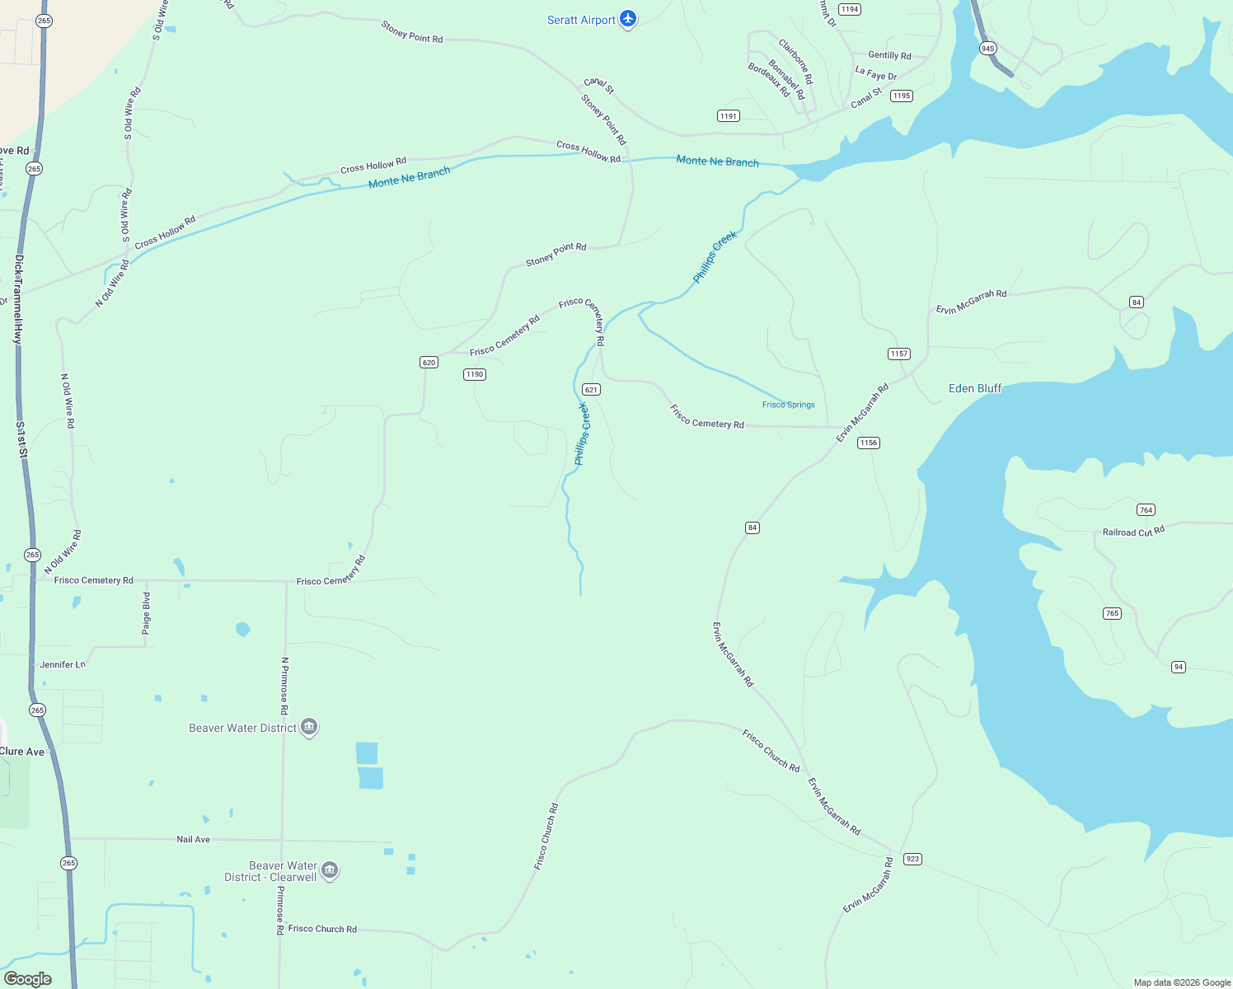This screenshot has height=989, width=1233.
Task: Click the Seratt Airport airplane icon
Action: [628, 19]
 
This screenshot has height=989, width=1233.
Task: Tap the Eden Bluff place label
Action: [975, 388]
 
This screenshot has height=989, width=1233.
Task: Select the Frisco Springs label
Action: [788, 405]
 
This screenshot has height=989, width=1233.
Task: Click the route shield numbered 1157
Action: [898, 354]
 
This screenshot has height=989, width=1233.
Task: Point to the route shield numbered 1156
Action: [868, 443]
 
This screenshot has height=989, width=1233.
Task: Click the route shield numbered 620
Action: [429, 363]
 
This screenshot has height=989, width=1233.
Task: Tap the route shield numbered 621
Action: [591, 390]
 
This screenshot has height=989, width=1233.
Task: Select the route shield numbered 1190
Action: [475, 374]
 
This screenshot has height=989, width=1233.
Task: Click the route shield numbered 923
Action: [912, 859]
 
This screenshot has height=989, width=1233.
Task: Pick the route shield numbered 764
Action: [1146, 510]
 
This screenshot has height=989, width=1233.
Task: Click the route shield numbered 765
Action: [1112, 613]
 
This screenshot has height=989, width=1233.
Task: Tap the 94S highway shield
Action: [987, 49]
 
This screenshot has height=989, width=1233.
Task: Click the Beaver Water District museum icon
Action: [309, 727]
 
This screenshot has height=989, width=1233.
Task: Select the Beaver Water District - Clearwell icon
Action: [330, 870]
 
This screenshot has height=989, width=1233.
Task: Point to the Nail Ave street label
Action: [194, 839]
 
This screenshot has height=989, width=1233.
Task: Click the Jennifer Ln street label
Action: [63, 664]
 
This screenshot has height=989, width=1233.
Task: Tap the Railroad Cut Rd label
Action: [1133, 532]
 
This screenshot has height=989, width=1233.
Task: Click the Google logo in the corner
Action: [28, 979]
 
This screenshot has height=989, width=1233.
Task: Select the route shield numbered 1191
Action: [728, 116]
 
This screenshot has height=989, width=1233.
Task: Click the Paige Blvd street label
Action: [147, 613]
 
